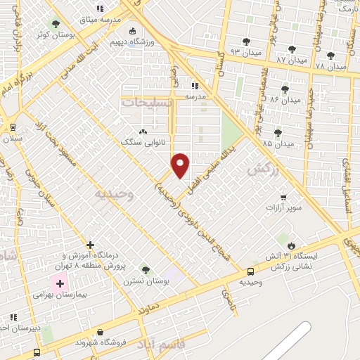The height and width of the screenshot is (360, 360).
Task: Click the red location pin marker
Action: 181,165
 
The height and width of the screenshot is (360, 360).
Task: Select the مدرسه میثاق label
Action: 99,20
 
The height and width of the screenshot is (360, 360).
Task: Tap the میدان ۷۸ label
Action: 330,67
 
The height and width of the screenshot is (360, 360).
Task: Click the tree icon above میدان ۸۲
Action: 285,89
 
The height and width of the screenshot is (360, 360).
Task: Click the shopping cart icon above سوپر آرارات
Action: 283,197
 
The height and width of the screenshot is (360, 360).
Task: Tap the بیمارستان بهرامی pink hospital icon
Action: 59,285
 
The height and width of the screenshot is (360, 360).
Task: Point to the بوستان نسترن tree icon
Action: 146,269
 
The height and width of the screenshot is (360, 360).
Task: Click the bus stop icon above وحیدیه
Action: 251,271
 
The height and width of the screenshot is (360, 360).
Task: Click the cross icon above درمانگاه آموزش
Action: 90,244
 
